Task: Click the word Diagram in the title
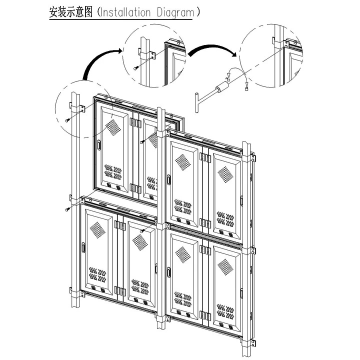tap(172, 12)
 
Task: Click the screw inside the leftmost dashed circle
tap(68, 119)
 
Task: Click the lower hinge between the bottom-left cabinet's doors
tap(118, 290)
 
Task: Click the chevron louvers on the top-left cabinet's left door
tap(112, 172)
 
